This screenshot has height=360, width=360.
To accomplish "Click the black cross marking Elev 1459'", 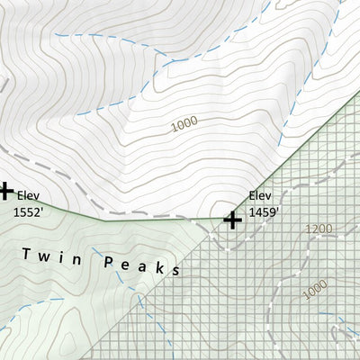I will pyautogui.click(x=232, y=219).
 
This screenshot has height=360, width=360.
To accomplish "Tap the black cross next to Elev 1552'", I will pyautogui.click(x=4, y=191).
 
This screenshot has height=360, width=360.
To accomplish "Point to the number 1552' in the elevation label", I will pyautogui.click(x=28, y=212).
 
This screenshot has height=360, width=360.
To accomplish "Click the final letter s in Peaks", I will pyautogui.click(x=176, y=269).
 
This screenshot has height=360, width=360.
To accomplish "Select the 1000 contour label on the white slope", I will pyautogui.click(x=184, y=125).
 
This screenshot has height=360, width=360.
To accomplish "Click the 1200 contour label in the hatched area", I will pyautogui.click(x=319, y=229).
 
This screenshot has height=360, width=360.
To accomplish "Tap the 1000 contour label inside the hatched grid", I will pyautogui.click(x=315, y=290).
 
